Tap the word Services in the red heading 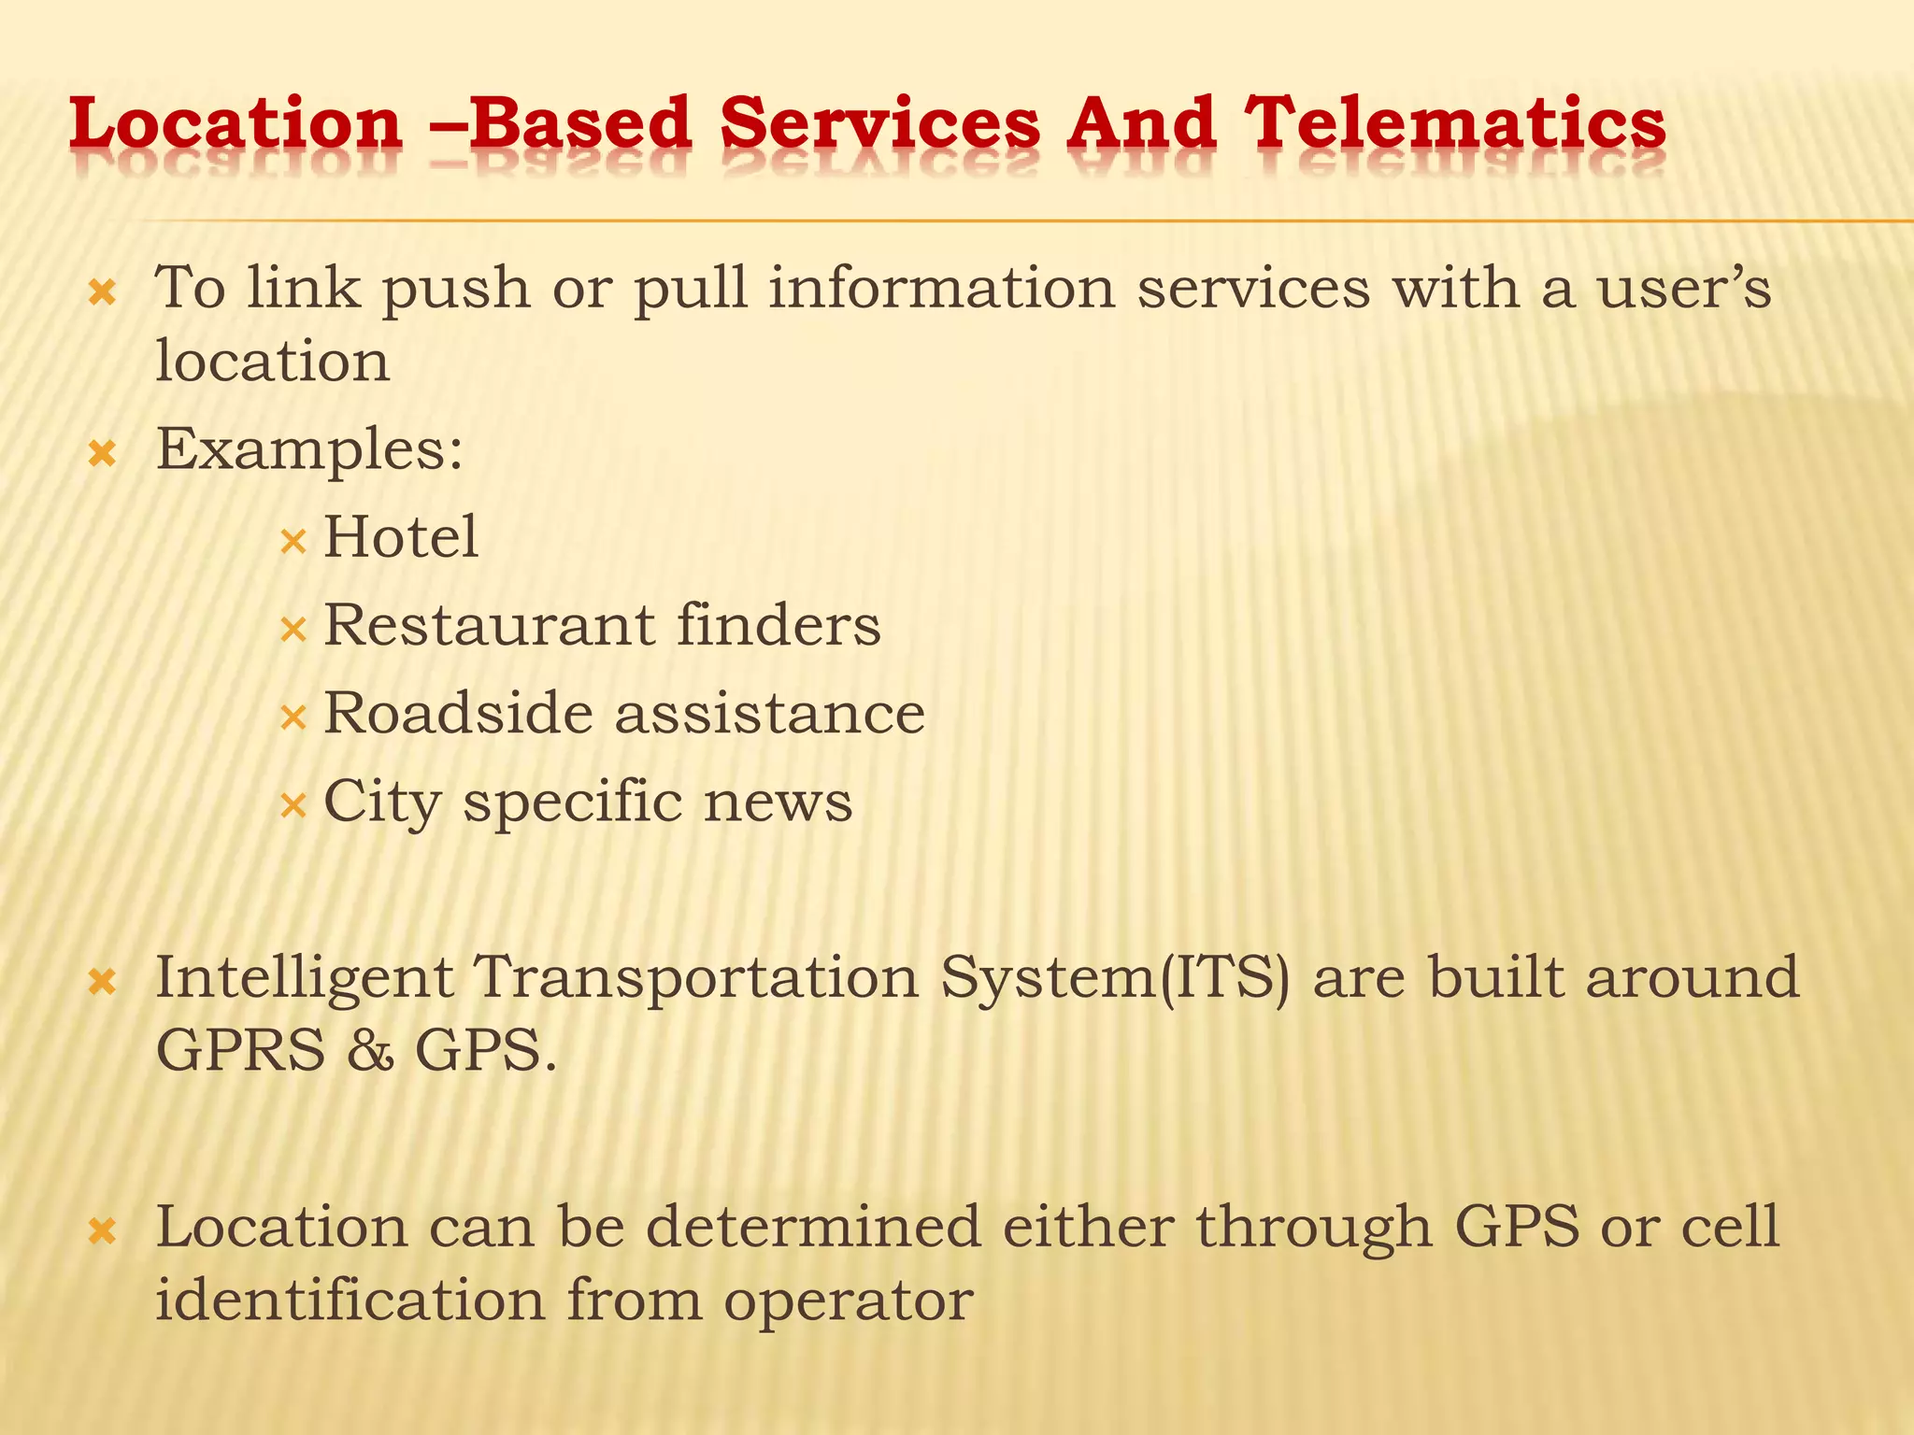click(x=879, y=123)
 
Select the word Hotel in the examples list click(x=401, y=537)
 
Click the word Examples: click(x=309, y=449)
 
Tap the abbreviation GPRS click(x=240, y=1050)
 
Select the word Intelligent click(x=305, y=979)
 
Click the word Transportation click(x=697, y=977)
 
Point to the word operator click(x=849, y=1300)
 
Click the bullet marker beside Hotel click(x=293, y=540)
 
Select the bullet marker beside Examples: click(x=101, y=455)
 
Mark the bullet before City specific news click(x=293, y=804)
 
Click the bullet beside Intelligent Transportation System click(x=101, y=983)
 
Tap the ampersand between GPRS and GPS click(x=370, y=1050)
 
